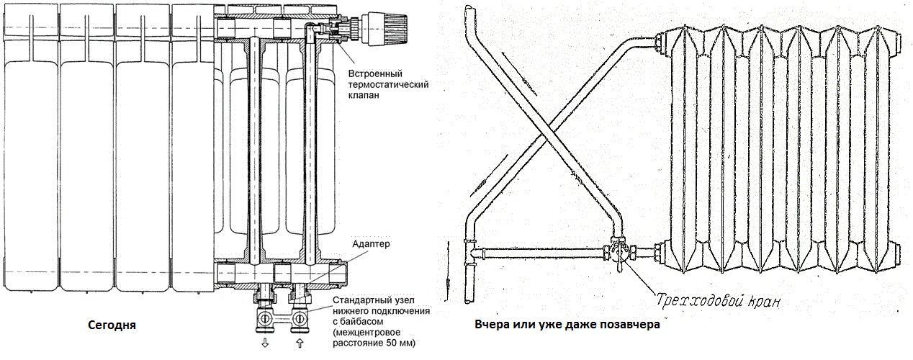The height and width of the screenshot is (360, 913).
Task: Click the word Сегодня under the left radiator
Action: point(112,325)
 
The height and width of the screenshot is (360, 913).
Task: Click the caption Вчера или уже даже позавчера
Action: point(567,325)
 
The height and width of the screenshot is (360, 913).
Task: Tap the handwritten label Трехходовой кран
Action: point(718,301)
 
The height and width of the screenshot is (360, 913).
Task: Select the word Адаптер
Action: point(371,244)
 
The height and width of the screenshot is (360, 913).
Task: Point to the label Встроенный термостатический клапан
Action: point(388,84)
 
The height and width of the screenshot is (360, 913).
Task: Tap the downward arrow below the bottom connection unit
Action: point(266,343)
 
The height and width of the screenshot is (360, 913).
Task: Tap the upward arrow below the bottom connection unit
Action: point(300,343)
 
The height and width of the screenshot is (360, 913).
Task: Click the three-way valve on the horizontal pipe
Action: point(619,253)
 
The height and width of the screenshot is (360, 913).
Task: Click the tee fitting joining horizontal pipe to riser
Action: point(472,251)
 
